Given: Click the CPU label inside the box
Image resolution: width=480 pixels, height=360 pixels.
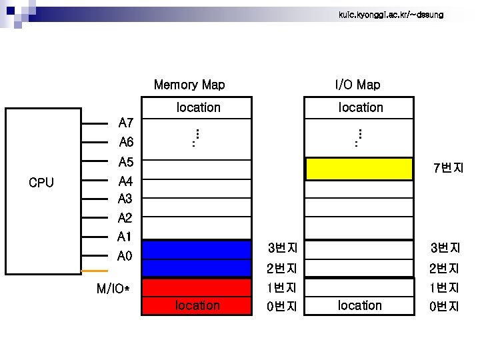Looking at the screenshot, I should click(41, 183).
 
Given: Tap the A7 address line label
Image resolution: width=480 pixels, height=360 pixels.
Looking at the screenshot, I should click(126, 123).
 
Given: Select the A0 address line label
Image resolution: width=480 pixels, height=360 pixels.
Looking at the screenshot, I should click(125, 256).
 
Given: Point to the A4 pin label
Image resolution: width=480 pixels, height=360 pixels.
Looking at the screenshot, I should click(125, 181).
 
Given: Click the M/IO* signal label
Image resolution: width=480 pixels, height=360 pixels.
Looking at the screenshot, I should click(113, 289).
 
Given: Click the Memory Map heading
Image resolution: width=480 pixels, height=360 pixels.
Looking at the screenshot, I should click(189, 85).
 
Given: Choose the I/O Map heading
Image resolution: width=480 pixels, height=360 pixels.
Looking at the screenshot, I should click(358, 85).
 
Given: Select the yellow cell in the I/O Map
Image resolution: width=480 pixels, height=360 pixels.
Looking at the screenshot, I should click(359, 169).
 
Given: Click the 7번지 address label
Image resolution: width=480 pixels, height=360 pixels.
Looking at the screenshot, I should click(448, 168).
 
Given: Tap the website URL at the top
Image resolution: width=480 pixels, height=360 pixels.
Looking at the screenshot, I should click(391, 15).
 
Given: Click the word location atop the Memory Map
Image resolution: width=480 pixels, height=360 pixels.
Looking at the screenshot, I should click(198, 107).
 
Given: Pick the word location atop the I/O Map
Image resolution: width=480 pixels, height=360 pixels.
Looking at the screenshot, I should click(361, 107).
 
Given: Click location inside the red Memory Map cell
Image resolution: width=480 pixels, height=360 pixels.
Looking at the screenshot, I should click(197, 305).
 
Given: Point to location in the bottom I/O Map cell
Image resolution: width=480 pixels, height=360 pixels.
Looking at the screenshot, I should click(360, 305).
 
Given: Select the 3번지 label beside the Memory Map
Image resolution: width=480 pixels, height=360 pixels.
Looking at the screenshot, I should click(282, 249).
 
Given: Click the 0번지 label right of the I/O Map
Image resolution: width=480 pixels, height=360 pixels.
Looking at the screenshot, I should click(445, 307).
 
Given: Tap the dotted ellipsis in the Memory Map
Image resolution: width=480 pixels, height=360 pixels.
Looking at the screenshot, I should click(196, 137).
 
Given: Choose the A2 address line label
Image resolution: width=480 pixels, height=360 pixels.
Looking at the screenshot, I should click(125, 218).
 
